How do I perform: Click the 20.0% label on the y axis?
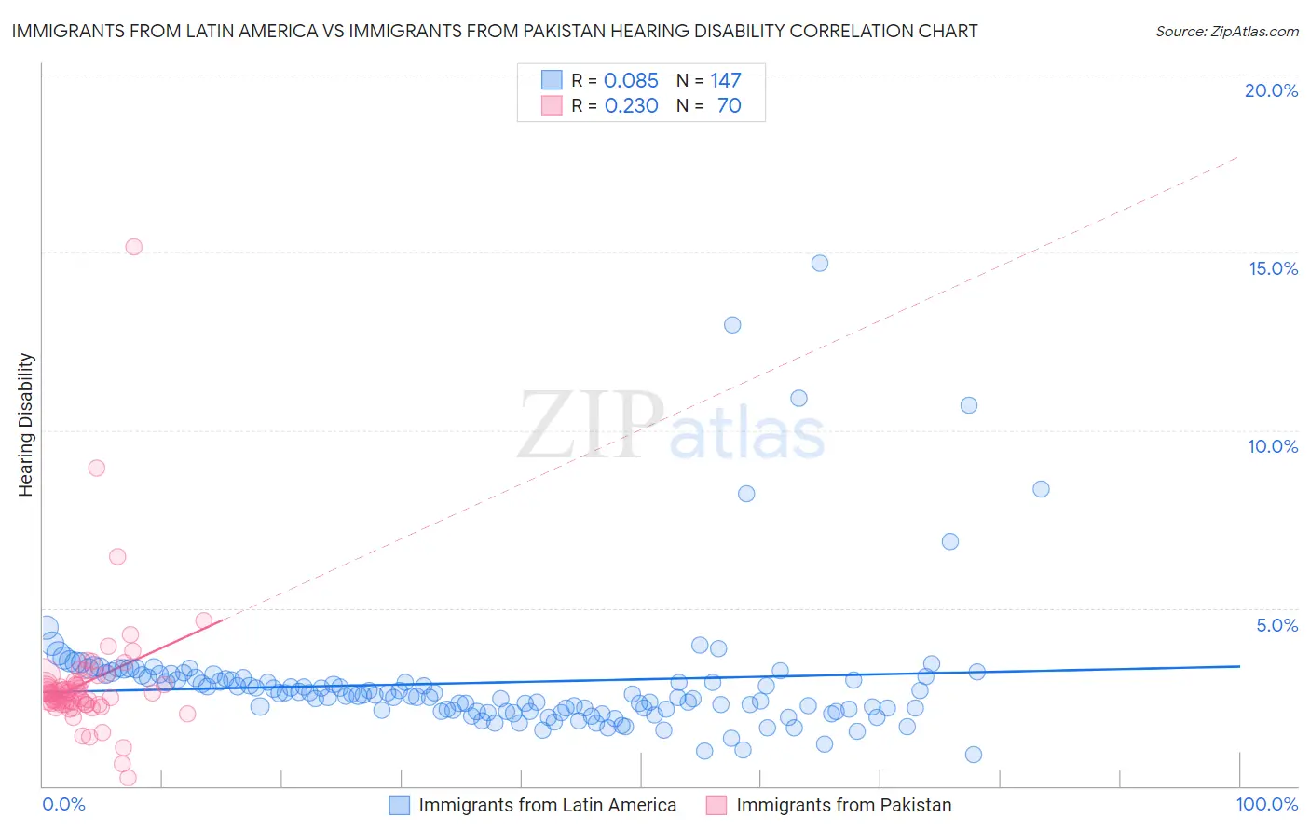point(1271,90)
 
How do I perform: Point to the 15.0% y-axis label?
point(1273,268)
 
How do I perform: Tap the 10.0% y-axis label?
point(1273,446)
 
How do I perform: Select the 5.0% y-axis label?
point(1276,625)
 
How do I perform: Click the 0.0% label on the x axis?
point(63,804)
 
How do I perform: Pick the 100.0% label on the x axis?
point(1266,804)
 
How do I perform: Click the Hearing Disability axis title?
point(26,425)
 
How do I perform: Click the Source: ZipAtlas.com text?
point(1226,32)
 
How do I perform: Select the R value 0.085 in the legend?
point(631,81)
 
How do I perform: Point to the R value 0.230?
point(631,106)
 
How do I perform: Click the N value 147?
point(725,81)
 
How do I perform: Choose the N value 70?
point(729,106)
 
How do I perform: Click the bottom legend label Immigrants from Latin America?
point(548,805)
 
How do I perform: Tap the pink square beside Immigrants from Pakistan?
point(716,805)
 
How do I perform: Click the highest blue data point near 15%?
point(820,263)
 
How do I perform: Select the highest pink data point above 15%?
point(133,247)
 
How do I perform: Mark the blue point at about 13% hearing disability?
point(732,325)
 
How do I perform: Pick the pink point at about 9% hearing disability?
point(96,468)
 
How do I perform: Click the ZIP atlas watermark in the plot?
point(671,426)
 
